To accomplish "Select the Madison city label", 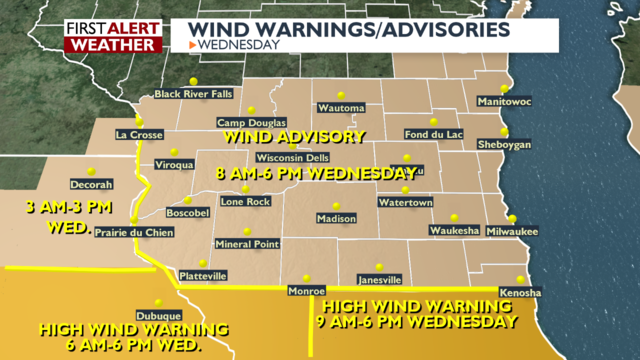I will pos(336,218).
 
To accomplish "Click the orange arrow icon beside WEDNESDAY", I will pos(192,45).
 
